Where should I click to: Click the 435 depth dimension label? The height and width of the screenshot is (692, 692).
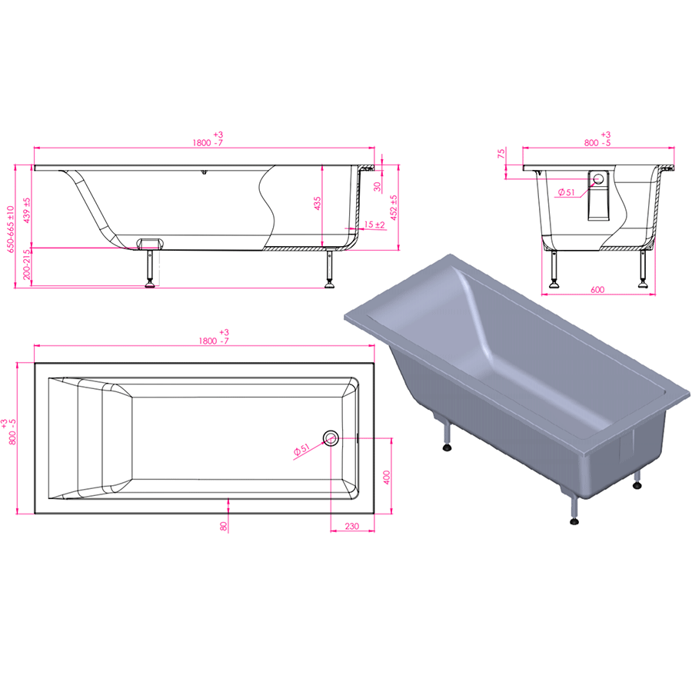(318, 204)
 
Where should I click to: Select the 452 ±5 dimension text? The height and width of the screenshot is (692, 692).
(394, 207)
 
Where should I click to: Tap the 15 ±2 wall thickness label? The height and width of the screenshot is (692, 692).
(374, 225)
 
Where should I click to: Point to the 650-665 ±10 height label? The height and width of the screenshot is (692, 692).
(10, 228)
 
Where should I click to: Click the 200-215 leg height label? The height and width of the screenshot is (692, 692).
(26, 264)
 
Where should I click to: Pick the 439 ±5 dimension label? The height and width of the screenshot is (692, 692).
(27, 210)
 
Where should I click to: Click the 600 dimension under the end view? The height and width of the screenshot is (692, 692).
(597, 290)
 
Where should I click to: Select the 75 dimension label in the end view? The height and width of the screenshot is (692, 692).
(501, 154)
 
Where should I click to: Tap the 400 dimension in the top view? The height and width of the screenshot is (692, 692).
(387, 477)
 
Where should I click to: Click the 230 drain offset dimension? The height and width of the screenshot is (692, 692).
(351, 526)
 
